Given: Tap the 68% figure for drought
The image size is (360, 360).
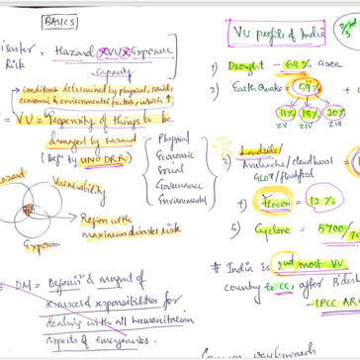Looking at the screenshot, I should (296, 68).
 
